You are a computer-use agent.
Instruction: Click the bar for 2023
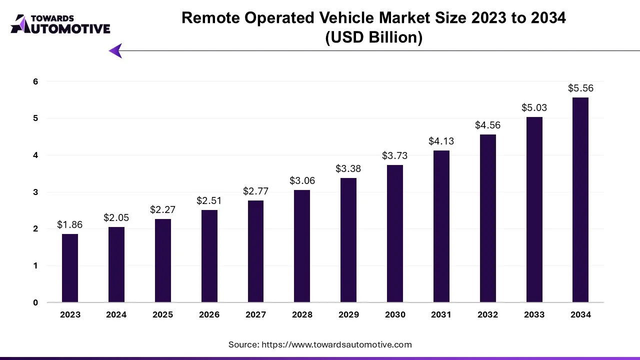(x=70, y=268)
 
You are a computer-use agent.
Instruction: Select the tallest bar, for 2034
(x=580, y=200)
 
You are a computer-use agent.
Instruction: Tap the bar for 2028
(x=302, y=246)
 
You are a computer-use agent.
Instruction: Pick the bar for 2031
(x=441, y=226)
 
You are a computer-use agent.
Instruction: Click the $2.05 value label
(x=116, y=217)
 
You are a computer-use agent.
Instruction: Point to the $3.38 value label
(x=348, y=168)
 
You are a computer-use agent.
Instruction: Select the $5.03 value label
(x=534, y=107)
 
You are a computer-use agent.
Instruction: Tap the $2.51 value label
(x=209, y=200)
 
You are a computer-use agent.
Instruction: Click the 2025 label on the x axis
(x=163, y=314)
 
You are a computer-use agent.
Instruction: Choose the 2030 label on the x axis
(x=395, y=314)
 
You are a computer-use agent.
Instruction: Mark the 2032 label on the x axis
(x=488, y=314)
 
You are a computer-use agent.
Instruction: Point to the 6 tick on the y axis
(x=35, y=81)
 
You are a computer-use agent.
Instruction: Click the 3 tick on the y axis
(x=35, y=192)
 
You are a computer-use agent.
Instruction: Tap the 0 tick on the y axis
(x=35, y=302)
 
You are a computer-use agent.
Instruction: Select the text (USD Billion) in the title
(x=373, y=38)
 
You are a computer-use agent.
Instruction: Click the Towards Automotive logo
(x=60, y=24)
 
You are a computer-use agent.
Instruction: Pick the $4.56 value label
(x=488, y=125)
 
